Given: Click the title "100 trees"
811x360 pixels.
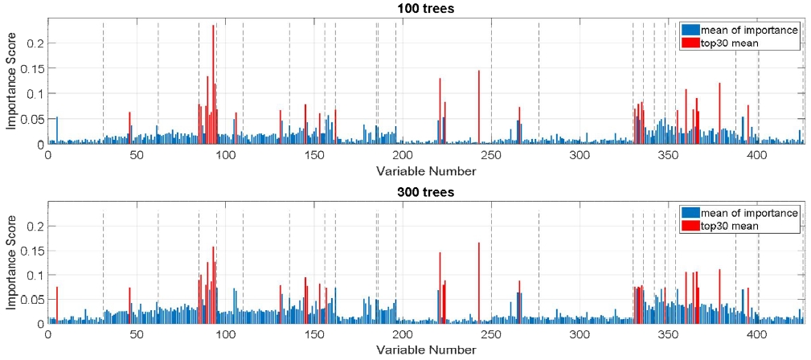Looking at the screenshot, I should (x=426, y=8).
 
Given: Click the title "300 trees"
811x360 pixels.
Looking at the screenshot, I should (x=426, y=192).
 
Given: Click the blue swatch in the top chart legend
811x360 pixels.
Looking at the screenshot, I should (x=690, y=30).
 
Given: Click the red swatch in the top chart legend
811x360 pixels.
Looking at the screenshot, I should (x=690, y=43).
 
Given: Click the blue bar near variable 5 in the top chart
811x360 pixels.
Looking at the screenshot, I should (x=56, y=130).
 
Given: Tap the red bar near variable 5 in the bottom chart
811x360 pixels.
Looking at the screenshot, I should (x=57, y=305).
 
